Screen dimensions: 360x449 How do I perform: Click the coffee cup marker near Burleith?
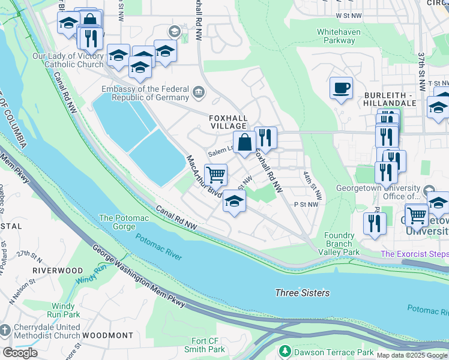[x=341, y=89]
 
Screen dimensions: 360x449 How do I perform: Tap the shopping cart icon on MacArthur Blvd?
[x=215, y=175]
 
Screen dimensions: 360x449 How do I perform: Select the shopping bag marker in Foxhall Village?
[x=244, y=143]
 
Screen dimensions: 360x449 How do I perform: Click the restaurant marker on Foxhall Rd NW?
[x=265, y=138]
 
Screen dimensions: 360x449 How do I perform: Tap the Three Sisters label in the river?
[x=302, y=293]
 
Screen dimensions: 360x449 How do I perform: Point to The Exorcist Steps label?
[x=414, y=254]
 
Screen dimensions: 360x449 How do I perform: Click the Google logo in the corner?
[x=20, y=353]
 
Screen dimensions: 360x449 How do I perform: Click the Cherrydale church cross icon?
[x=5, y=331]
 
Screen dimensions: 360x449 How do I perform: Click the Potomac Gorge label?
[x=118, y=222]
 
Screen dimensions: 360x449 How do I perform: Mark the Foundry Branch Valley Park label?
[x=343, y=244]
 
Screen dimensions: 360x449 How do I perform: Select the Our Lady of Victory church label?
[x=68, y=60]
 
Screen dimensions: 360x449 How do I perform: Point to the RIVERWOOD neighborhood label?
[x=57, y=271]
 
